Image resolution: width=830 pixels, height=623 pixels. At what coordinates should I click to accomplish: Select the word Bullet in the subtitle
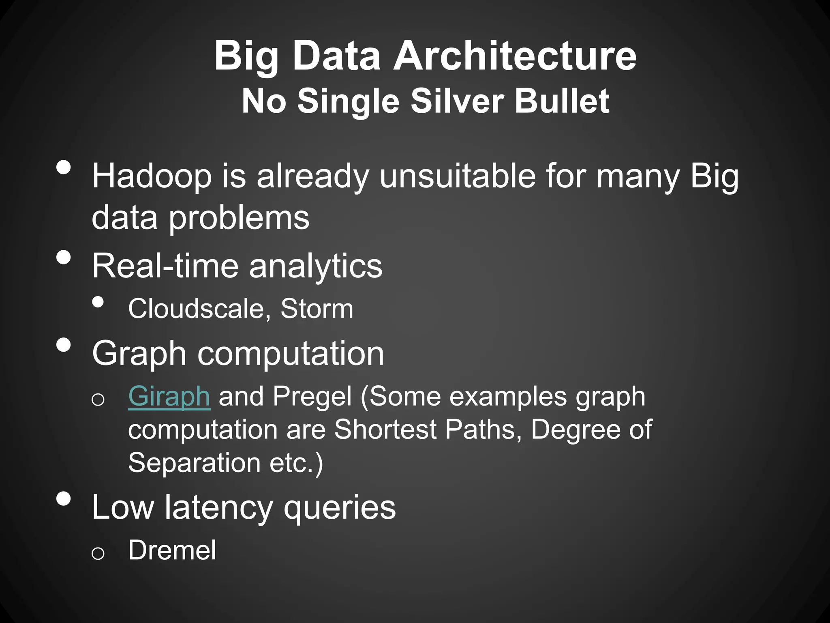click(562, 101)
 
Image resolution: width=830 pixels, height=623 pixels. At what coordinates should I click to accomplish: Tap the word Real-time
click(165, 266)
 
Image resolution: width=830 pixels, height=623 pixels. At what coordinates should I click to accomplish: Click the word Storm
click(317, 309)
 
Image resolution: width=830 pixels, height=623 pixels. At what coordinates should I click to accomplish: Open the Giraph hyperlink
click(169, 396)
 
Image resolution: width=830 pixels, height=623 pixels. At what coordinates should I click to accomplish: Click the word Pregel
click(312, 396)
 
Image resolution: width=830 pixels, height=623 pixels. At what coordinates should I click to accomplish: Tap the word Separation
click(194, 462)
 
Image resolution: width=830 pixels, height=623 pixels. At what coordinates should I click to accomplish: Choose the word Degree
click(575, 429)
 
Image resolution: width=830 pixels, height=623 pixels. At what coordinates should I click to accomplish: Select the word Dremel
click(172, 550)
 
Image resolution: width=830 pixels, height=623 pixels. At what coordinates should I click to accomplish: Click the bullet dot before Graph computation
click(64, 345)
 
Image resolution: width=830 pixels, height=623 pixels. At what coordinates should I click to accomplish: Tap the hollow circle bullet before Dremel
click(98, 553)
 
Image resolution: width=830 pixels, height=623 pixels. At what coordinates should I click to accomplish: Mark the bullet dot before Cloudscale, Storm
click(98, 302)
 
